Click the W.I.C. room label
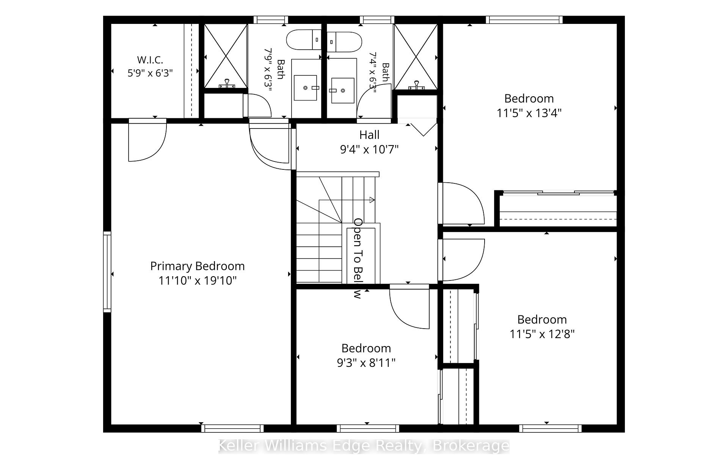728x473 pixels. tap(150, 60)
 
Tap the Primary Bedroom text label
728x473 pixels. tap(197, 266)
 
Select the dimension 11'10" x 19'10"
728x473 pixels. tap(197, 281)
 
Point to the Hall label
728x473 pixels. tap(369, 135)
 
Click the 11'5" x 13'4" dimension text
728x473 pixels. tap(529, 113)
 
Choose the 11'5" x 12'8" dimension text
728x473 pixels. tap(542, 334)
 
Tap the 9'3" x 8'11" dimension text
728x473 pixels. tap(366, 363)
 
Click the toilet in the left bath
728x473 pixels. tap(304, 40)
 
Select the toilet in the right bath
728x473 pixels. tap(344, 42)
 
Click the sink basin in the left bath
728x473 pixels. tap(305, 88)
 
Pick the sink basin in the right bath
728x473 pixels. tap(343, 91)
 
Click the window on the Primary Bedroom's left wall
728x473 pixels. tap(107, 271)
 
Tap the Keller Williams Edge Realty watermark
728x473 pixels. tap(364, 446)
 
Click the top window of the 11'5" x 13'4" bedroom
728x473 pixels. tap(524, 20)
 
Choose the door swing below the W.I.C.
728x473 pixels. tap(147, 140)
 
